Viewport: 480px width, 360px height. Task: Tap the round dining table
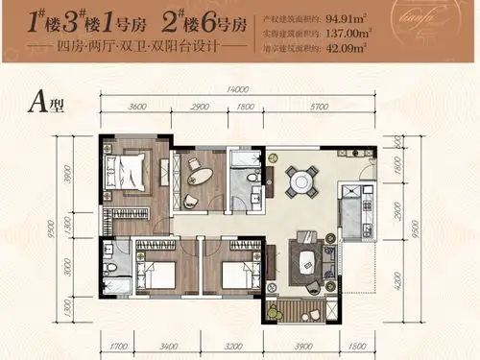304,180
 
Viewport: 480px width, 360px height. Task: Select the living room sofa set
304,256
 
